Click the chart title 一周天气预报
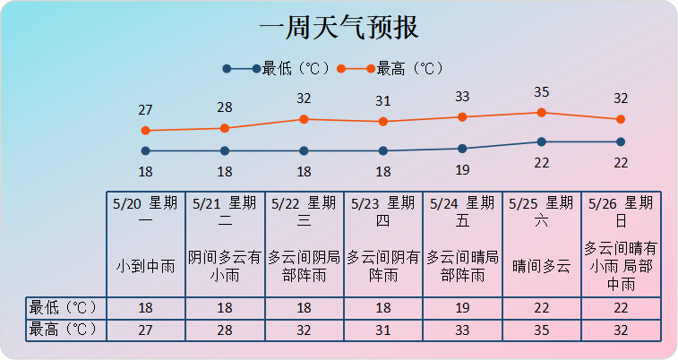pos(339,28)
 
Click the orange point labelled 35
pos(541,113)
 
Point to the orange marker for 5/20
pos(145,131)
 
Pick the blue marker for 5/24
pos(462,149)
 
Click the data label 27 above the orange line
pos(145,110)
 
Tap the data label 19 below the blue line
pos(462,170)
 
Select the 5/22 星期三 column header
pos(304,211)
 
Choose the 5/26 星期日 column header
pos(621,211)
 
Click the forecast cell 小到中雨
pos(145,266)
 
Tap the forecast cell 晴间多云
pos(541,266)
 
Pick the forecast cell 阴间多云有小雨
pos(225,266)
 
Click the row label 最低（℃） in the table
pos(64,307)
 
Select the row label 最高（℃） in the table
pos(64,329)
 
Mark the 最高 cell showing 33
pos(462,329)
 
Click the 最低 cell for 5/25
pos(541,307)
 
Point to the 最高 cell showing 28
pos(225,329)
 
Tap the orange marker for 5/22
pos(304,119)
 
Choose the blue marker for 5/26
pos(620,141)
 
